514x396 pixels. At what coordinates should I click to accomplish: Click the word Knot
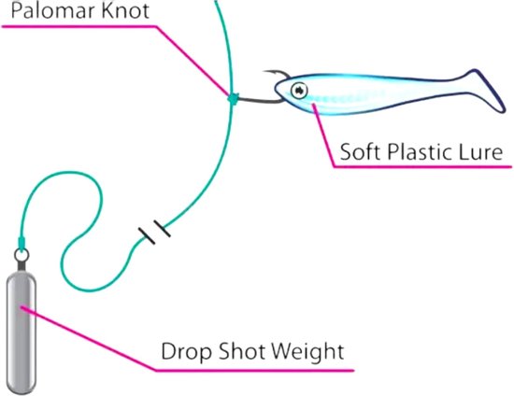click(x=125, y=10)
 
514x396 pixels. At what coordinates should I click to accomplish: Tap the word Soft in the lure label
click(x=360, y=151)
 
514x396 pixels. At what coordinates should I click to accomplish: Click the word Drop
click(x=186, y=352)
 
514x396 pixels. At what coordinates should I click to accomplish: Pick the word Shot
click(x=241, y=351)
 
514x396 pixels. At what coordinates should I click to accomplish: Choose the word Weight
click(x=307, y=352)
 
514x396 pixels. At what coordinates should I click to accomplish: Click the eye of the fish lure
click(x=299, y=90)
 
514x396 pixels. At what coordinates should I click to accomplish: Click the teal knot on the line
click(x=233, y=98)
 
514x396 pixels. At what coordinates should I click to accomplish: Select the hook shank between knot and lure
click(x=259, y=100)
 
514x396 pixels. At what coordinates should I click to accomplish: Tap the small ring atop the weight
click(x=21, y=255)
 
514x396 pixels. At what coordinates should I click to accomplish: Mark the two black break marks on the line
click(x=154, y=232)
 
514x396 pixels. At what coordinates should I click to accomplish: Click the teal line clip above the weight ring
click(x=21, y=243)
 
